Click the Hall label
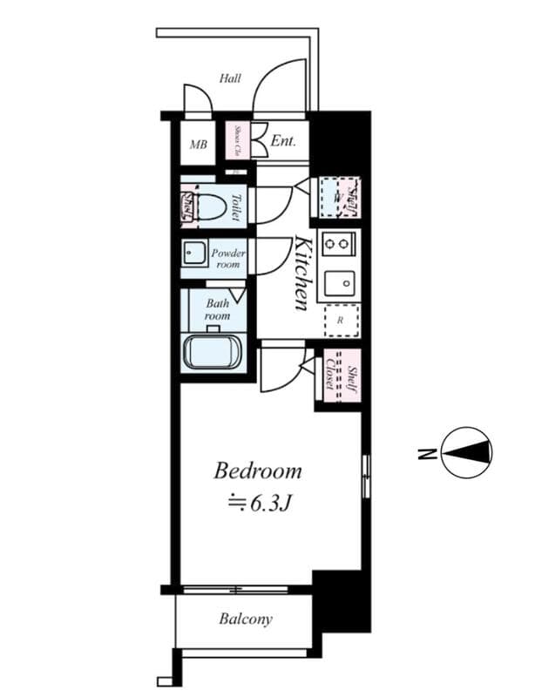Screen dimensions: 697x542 230,78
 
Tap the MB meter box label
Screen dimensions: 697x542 199,144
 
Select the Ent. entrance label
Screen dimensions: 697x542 283,141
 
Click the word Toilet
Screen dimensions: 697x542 235,207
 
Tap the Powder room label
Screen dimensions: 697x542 228,258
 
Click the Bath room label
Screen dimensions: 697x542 217,309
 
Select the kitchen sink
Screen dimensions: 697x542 338,283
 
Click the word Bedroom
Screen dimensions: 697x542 258,471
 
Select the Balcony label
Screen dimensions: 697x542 245,619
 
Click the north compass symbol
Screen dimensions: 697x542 467,452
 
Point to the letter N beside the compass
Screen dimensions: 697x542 424,452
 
